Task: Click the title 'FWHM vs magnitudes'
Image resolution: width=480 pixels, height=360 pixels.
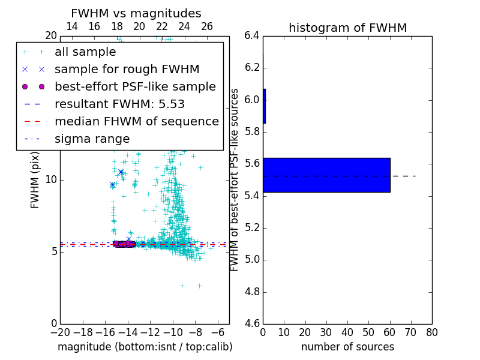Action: point(136,13)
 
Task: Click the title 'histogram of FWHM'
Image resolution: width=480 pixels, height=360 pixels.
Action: point(347,28)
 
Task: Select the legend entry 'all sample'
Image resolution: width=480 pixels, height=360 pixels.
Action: point(85,52)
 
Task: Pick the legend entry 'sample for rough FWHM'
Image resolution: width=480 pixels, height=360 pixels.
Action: point(127,69)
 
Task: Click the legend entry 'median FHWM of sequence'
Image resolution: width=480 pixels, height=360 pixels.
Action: point(136,121)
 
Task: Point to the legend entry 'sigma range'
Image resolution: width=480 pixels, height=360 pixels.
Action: point(92,139)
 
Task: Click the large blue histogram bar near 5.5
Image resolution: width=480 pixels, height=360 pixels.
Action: point(326,175)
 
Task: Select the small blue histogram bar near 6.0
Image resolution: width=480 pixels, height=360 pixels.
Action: point(264,106)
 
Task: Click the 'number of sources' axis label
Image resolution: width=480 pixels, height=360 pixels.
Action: point(347,347)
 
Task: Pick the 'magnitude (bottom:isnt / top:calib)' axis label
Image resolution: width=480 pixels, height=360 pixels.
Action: point(145,347)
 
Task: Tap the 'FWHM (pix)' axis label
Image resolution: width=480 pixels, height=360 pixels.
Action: point(35,179)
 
